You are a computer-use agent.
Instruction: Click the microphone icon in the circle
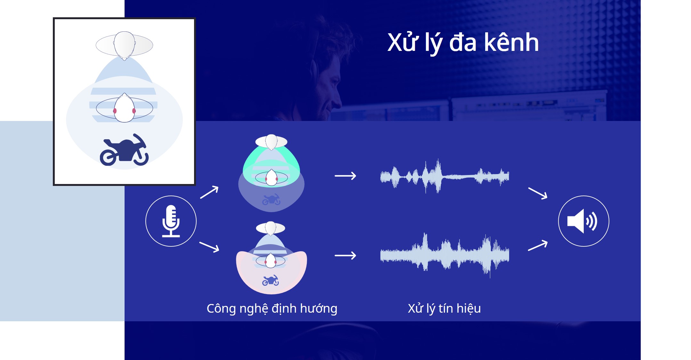pyautogui.click(x=171, y=221)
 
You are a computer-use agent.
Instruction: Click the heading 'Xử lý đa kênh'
pyautogui.click(x=463, y=43)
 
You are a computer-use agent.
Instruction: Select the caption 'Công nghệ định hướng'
pyautogui.click(x=272, y=309)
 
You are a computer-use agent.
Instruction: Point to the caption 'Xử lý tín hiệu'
pyautogui.click(x=444, y=309)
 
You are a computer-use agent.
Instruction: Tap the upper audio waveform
pyautogui.click(x=445, y=176)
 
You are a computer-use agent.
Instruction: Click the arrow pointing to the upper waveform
pyautogui.click(x=345, y=176)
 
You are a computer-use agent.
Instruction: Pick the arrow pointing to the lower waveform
pyautogui.click(x=345, y=255)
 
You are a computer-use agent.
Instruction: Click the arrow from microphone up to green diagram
pyautogui.click(x=209, y=192)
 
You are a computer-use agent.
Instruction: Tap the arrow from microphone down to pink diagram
pyautogui.click(x=209, y=247)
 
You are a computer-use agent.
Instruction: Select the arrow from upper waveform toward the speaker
pyautogui.click(x=538, y=194)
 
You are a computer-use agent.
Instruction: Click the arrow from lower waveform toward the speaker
pyautogui.click(x=538, y=246)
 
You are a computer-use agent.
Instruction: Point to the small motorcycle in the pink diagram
pyautogui.click(x=271, y=280)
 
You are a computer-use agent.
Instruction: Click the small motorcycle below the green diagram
pyautogui.click(x=271, y=199)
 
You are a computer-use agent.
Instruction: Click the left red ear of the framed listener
pyautogui.click(x=115, y=111)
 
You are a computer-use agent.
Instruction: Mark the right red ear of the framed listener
pyautogui.click(x=134, y=111)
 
